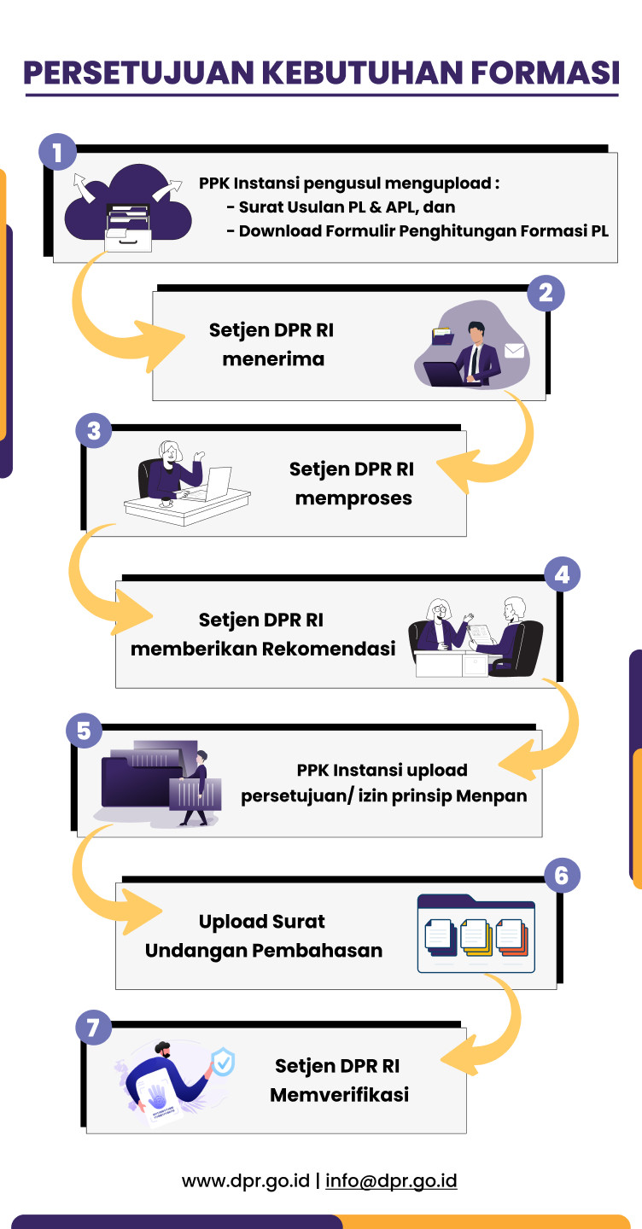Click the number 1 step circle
(57, 154)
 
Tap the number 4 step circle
(562, 574)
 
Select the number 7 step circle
(93, 1027)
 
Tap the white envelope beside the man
(514, 350)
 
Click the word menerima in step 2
(273, 359)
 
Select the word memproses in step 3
(353, 498)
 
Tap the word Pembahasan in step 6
(323, 950)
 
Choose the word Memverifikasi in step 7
(339, 1093)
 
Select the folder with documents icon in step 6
(476, 934)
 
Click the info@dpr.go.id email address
(391, 1181)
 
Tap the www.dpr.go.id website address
(245, 1181)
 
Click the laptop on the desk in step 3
(216, 483)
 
